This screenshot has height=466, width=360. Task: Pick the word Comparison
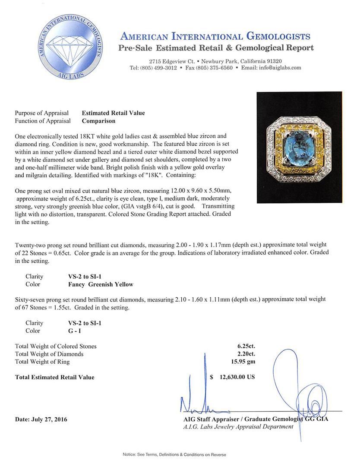(x=98, y=121)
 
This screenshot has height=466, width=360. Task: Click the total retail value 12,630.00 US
(x=237, y=377)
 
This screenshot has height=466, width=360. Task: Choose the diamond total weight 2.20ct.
(x=243, y=354)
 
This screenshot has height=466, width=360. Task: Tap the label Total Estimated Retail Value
(x=54, y=377)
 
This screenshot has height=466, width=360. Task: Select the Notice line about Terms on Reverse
(x=174, y=454)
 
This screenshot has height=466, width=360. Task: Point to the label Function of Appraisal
(x=43, y=121)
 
